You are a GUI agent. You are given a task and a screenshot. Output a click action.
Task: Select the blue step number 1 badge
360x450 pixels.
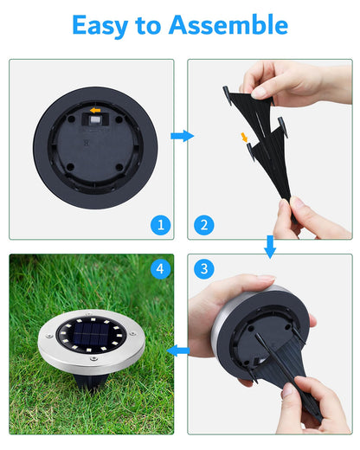(158, 225)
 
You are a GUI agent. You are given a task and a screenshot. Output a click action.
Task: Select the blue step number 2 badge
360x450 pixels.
(203, 225)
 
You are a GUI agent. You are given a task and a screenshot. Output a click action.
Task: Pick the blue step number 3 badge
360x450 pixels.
(203, 269)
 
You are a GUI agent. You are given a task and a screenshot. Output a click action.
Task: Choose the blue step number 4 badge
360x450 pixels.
(158, 269)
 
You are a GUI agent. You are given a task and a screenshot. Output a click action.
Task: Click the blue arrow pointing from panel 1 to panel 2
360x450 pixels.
(181, 136)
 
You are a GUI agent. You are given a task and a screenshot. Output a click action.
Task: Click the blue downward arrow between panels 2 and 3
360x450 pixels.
(270, 247)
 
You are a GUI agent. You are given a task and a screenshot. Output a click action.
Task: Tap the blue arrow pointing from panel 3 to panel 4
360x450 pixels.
(180, 350)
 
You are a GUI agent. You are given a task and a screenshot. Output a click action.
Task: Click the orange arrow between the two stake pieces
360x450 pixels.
(245, 137)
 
